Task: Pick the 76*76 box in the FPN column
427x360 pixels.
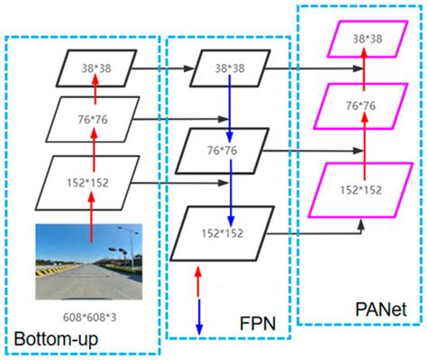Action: [x=226, y=150]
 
